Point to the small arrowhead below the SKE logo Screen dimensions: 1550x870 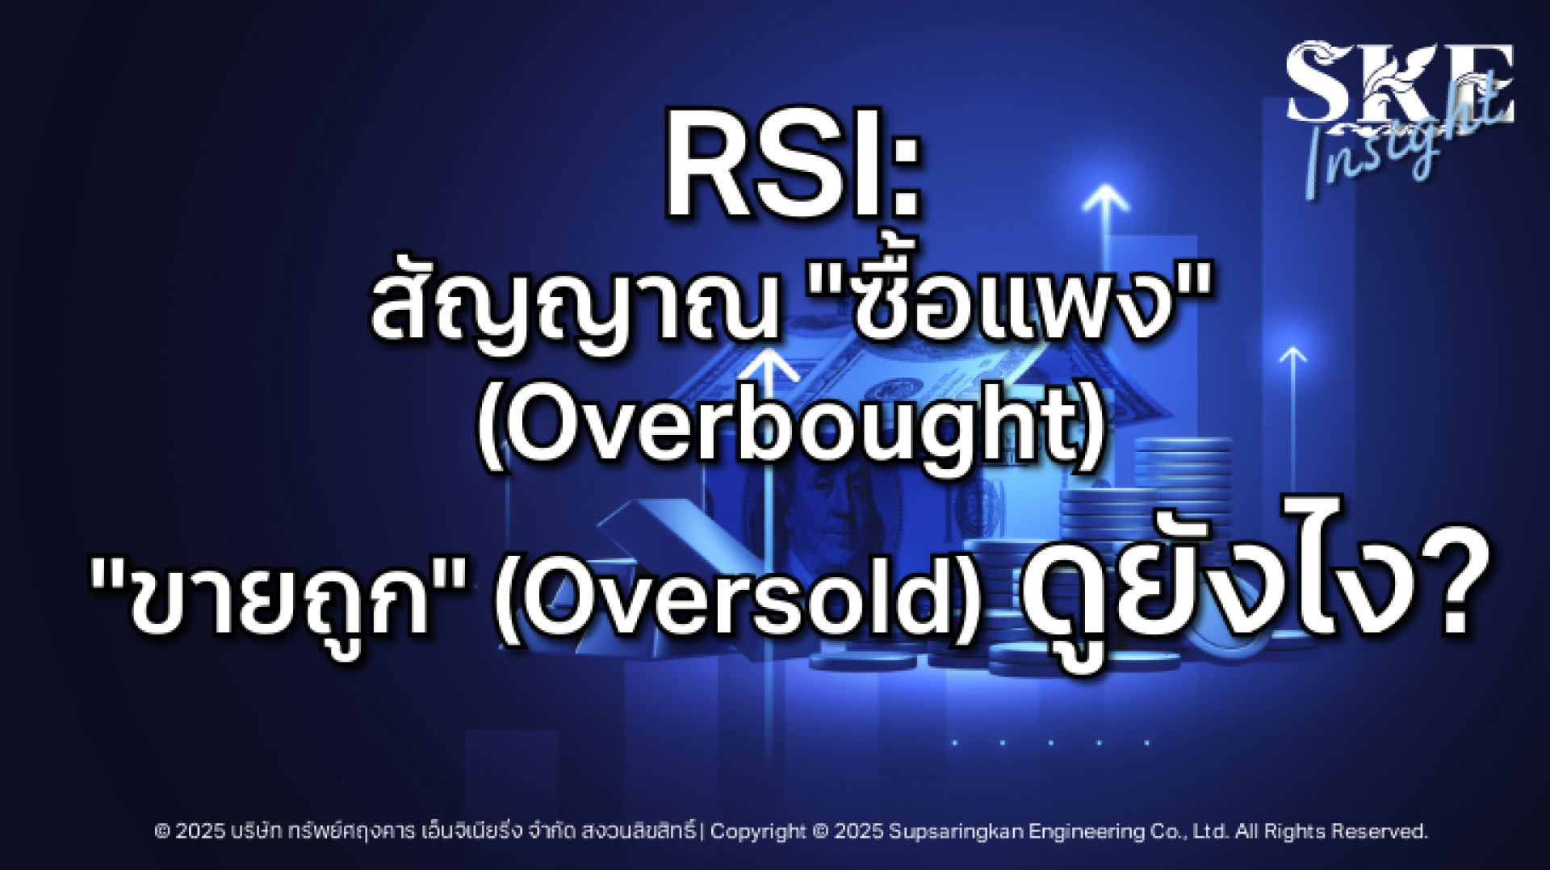click(1293, 355)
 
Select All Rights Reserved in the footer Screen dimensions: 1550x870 click(1331, 831)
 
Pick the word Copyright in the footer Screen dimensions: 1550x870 click(758, 832)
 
